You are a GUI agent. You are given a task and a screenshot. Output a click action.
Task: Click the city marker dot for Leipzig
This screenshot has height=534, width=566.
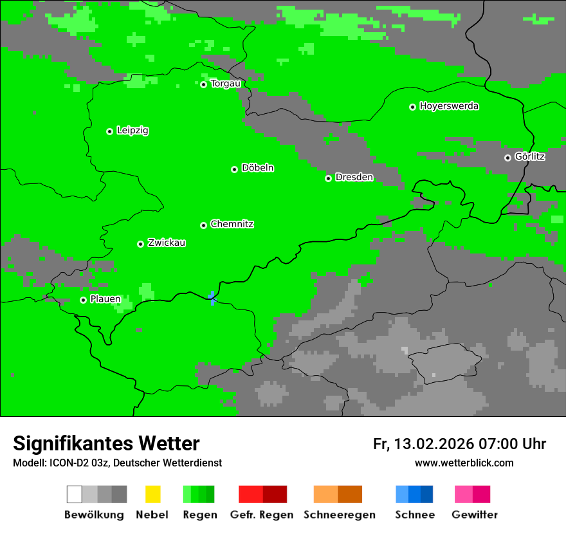[109, 131]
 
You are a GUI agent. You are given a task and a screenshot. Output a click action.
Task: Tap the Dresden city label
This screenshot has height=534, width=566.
[354, 177]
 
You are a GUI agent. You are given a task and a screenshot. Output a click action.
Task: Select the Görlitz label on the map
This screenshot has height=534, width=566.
[530, 156]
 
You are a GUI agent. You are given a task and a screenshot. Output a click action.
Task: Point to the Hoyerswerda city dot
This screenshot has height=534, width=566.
[412, 107]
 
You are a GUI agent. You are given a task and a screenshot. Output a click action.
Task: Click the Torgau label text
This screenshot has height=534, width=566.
[226, 84]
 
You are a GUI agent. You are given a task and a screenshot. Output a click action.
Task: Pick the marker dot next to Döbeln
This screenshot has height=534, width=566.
[234, 169]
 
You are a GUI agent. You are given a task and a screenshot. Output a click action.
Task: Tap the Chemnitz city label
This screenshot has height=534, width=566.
[232, 224]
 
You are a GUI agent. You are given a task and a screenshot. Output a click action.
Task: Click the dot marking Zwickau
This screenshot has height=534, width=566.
[140, 244]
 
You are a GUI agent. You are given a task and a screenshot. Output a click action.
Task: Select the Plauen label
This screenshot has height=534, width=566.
[105, 299]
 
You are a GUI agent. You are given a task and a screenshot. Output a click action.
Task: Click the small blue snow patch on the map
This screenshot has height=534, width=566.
[212, 298]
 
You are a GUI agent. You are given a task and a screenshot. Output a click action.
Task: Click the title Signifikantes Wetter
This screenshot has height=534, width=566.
[106, 443]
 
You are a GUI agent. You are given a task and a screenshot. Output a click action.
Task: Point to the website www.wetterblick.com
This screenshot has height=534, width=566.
[464, 463]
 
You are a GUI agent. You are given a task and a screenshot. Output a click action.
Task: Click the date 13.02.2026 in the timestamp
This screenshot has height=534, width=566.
[434, 444]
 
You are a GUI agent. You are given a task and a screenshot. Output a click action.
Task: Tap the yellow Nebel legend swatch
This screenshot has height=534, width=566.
[152, 494]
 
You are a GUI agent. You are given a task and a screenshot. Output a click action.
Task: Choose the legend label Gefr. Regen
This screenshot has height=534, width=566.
[262, 515]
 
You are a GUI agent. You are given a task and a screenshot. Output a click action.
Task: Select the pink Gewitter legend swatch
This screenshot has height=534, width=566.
[464, 494]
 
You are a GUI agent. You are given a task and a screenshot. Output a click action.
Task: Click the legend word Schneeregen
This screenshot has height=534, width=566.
[340, 515]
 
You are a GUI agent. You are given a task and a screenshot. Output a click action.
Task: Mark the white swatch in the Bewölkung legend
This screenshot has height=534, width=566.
[75, 494]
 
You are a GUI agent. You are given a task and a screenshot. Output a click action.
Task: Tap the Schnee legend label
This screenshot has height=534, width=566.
[415, 515]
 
